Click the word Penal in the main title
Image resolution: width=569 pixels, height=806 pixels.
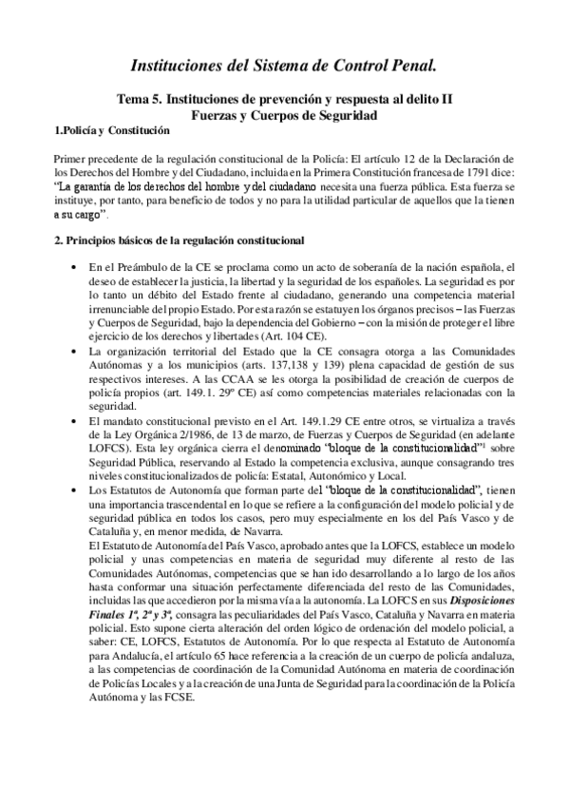point(410,66)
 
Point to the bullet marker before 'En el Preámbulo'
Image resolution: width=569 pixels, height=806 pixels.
point(73,266)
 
